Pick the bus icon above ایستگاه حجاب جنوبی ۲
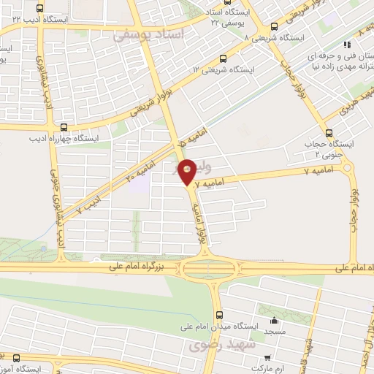(329, 134)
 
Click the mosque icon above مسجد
(275, 320)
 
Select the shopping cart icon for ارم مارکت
(267, 358)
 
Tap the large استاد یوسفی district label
(142, 34)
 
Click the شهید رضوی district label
(220, 345)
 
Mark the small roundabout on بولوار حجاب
(347, 169)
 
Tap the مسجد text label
(275, 332)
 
